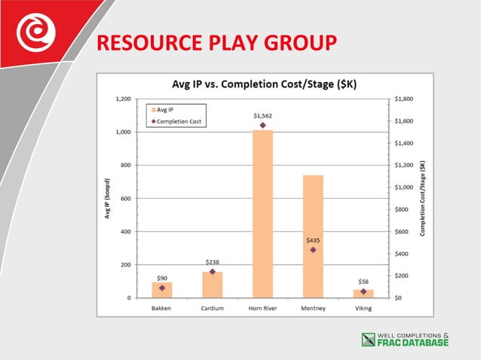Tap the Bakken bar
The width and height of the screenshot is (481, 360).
162,290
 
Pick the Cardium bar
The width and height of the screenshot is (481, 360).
212,285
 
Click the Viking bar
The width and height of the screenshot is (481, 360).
363,294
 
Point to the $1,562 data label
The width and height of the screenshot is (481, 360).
262,115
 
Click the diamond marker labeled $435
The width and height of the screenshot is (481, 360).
313,249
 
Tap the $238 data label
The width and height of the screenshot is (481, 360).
212,262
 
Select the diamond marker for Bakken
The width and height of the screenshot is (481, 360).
162,288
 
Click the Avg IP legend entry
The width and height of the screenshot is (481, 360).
167,110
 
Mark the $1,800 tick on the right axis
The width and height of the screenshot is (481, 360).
404,99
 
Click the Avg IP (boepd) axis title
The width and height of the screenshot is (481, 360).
107,198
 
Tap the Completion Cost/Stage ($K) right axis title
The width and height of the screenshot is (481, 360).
423,198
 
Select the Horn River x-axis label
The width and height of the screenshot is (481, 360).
262,307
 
